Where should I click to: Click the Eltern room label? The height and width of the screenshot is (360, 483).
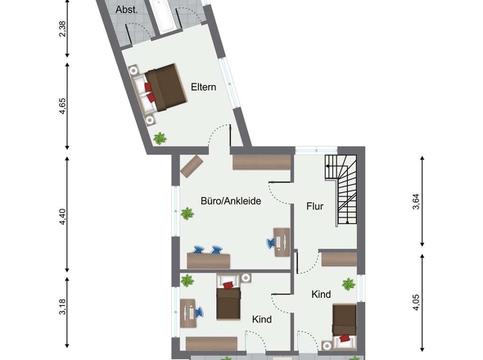[x=203, y=87]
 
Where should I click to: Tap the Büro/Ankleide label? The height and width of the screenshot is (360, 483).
[x=231, y=201]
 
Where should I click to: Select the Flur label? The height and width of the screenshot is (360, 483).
[x=314, y=206]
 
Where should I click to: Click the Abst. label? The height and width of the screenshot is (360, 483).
[x=126, y=10]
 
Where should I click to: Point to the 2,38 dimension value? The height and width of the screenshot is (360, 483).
[x=62, y=29]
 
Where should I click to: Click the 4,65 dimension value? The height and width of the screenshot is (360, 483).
[x=62, y=106]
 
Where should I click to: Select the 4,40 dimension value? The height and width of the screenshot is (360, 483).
[x=62, y=217]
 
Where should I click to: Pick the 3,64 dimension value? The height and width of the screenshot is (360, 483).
[x=416, y=201]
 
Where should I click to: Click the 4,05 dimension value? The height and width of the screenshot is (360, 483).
[x=416, y=303]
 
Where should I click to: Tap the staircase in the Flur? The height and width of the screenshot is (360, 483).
[x=341, y=189]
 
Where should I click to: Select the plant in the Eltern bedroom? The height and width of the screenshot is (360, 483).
[x=160, y=138]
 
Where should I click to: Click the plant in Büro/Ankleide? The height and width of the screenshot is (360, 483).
[x=187, y=213]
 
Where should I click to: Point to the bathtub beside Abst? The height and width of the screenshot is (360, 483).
[x=164, y=16]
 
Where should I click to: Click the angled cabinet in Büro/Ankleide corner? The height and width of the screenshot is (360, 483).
[x=192, y=166]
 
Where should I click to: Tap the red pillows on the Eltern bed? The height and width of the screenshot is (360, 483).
[x=150, y=92]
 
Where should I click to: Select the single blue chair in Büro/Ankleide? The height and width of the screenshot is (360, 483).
[x=271, y=241]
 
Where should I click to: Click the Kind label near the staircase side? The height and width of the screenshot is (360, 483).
[x=321, y=295]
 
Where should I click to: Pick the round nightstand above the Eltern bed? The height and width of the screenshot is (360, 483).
[x=133, y=70]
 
